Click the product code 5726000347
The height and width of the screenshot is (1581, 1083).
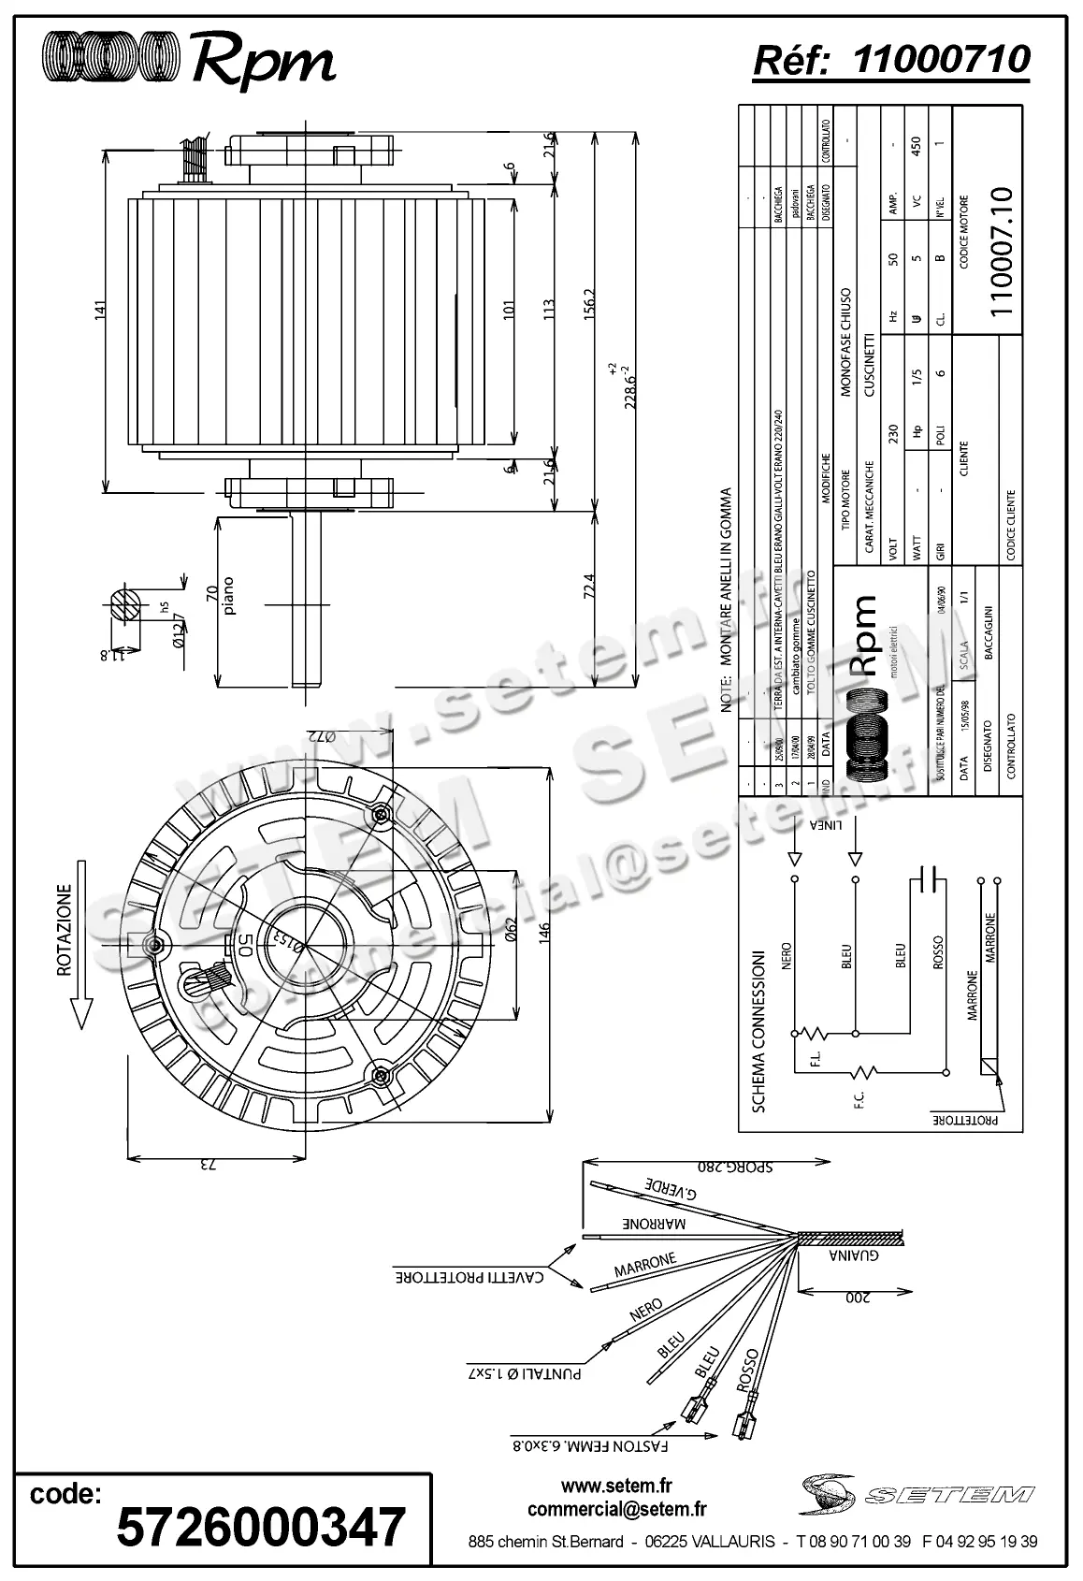click(x=261, y=1526)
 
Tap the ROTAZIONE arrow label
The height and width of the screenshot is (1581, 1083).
click(x=65, y=930)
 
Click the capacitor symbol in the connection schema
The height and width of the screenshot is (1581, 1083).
click(x=928, y=879)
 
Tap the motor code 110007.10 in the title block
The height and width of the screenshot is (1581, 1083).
click(x=1001, y=252)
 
